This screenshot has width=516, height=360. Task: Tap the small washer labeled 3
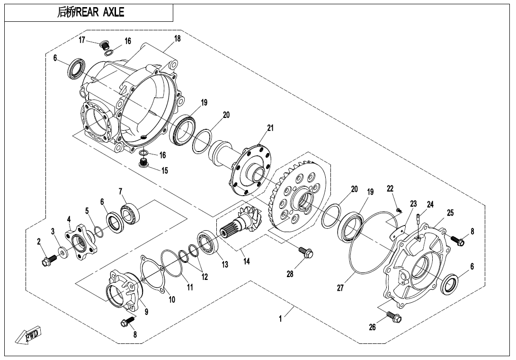tap(62, 250)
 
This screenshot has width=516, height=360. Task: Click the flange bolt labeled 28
tap(306, 254)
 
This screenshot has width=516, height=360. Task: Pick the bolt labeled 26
tap(392, 316)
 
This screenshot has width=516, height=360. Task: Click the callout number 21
tap(270, 128)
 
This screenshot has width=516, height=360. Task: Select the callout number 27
tap(340, 288)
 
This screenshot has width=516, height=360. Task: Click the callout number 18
tap(177, 38)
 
